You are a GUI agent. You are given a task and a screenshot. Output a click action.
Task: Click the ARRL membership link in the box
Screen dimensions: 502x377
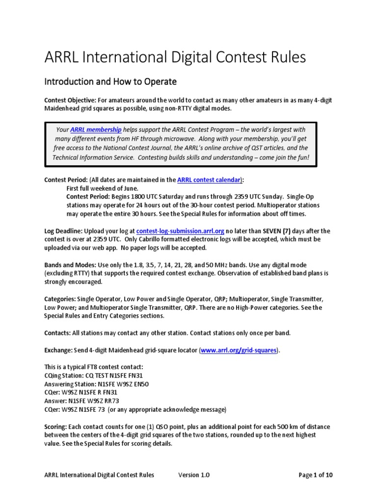(96, 130)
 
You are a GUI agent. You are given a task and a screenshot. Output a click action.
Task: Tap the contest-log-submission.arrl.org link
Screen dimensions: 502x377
(180, 230)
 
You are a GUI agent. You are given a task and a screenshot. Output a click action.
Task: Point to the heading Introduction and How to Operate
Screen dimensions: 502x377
(110, 80)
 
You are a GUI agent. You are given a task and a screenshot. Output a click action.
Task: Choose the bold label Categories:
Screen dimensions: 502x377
(60, 299)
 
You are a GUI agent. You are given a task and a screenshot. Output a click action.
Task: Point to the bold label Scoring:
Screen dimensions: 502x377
(56, 427)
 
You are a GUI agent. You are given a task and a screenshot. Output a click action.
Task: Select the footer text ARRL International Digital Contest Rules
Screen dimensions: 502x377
(99, 475)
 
